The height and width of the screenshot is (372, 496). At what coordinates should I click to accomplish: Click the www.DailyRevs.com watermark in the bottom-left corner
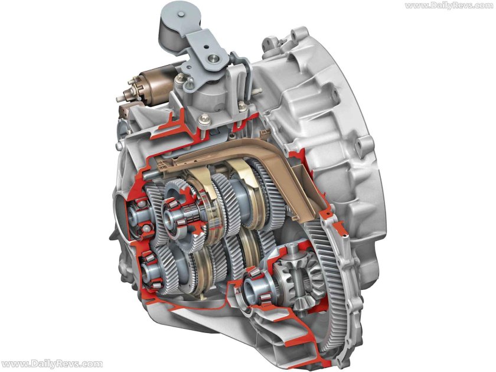point(51,364)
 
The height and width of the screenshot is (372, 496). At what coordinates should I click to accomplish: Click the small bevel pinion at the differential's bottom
point(301,301)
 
